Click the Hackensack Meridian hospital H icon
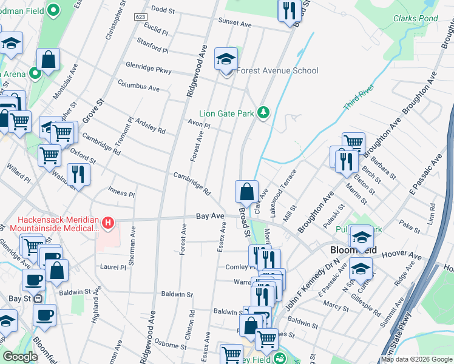[108, 224]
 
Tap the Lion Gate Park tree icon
[263, 112]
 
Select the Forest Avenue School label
[277, 70]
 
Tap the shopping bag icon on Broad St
[247, 192]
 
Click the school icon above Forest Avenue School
[226, 59]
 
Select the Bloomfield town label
[353, 250]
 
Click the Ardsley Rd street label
[150, 126]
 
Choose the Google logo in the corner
[20, 357]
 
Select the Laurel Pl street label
[113, 266]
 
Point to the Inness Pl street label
[121, 193]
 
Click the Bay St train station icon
[38, 298]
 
